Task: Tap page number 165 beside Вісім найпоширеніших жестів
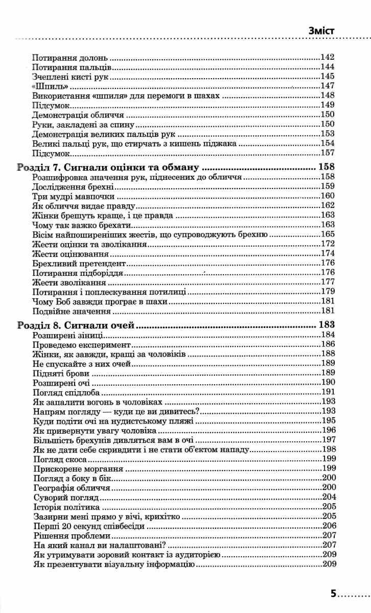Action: coord(327,234)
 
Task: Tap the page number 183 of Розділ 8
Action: coord(326,324)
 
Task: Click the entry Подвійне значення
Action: coord(72,311)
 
